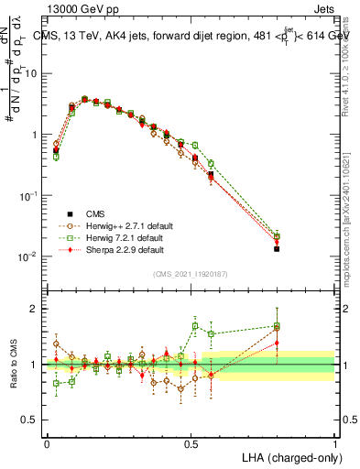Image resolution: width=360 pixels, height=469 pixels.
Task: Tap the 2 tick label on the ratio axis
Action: (36, 309)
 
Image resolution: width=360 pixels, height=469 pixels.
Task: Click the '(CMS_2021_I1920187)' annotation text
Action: (191, 274)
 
